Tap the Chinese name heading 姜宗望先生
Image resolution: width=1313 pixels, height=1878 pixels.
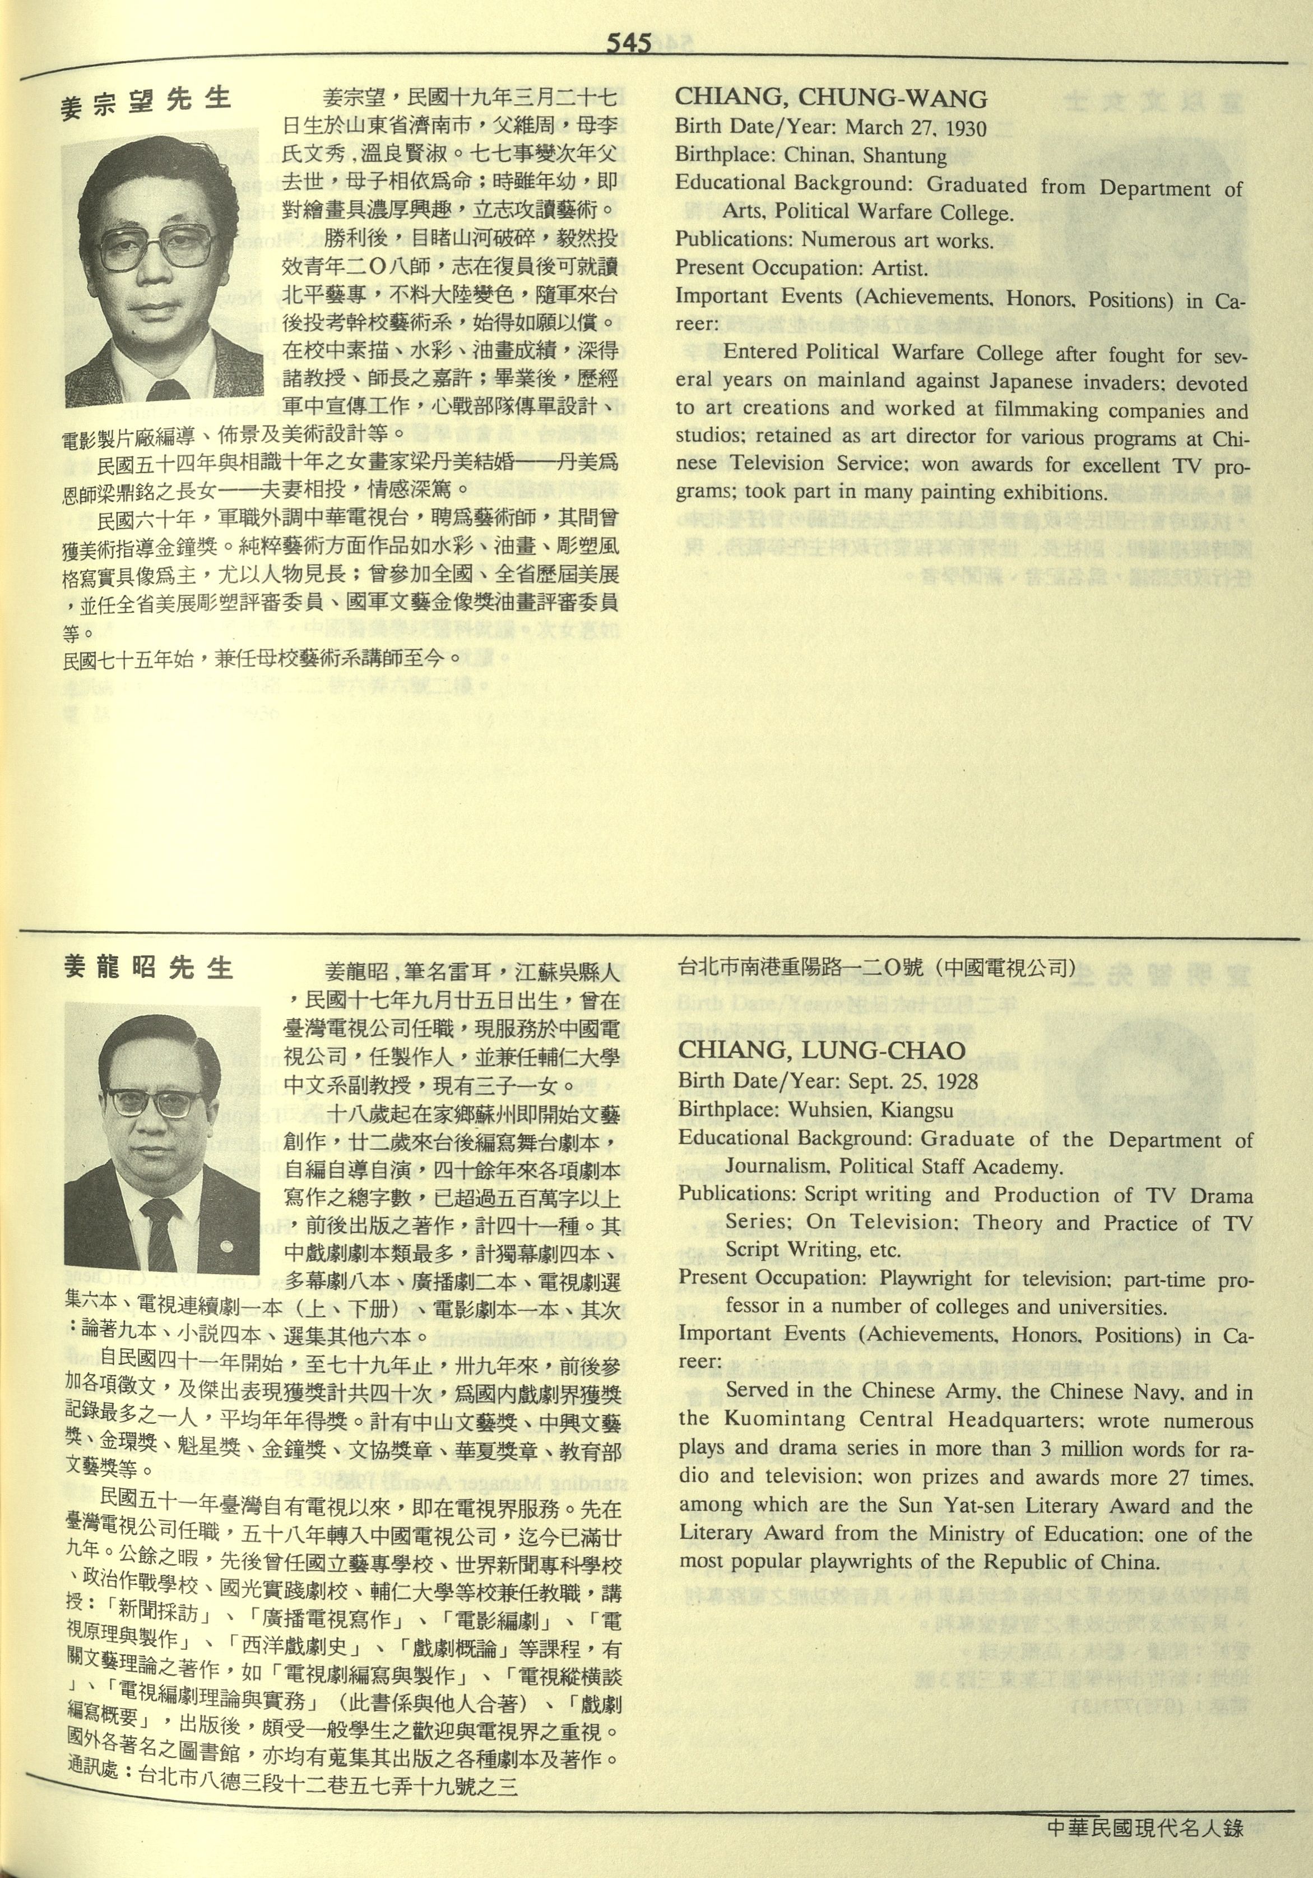pos(146,103)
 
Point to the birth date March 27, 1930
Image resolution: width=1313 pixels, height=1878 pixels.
pos(916,128)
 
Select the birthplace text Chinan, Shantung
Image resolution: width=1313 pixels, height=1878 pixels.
pos(865,155)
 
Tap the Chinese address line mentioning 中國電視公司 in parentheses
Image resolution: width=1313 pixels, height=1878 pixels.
pos(875,968)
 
